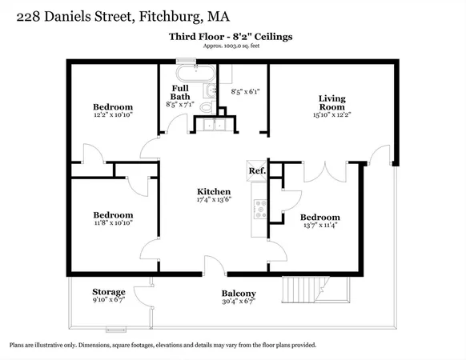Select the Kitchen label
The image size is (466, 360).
(215, 192)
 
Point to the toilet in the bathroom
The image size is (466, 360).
(207, 106)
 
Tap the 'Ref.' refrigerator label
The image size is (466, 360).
(256, 171)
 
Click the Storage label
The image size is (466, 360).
(108, 292)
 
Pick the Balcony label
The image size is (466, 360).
(239, 294)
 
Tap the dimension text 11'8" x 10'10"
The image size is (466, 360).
(112, 225)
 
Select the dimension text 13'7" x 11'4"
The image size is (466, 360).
(320, 226)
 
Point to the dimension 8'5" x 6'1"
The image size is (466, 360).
(246, 92)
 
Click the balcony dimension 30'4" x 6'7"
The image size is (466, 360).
(239, 302)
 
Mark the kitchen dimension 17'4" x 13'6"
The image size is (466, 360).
(215, 202)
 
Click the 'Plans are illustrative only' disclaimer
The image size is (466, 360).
(163, 345)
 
